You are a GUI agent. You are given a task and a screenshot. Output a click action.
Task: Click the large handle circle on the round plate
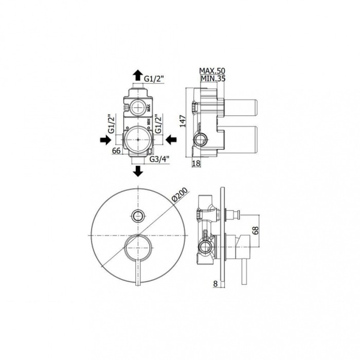tap(138, 247)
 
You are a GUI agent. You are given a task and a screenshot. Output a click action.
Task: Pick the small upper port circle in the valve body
tap(138, 107)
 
